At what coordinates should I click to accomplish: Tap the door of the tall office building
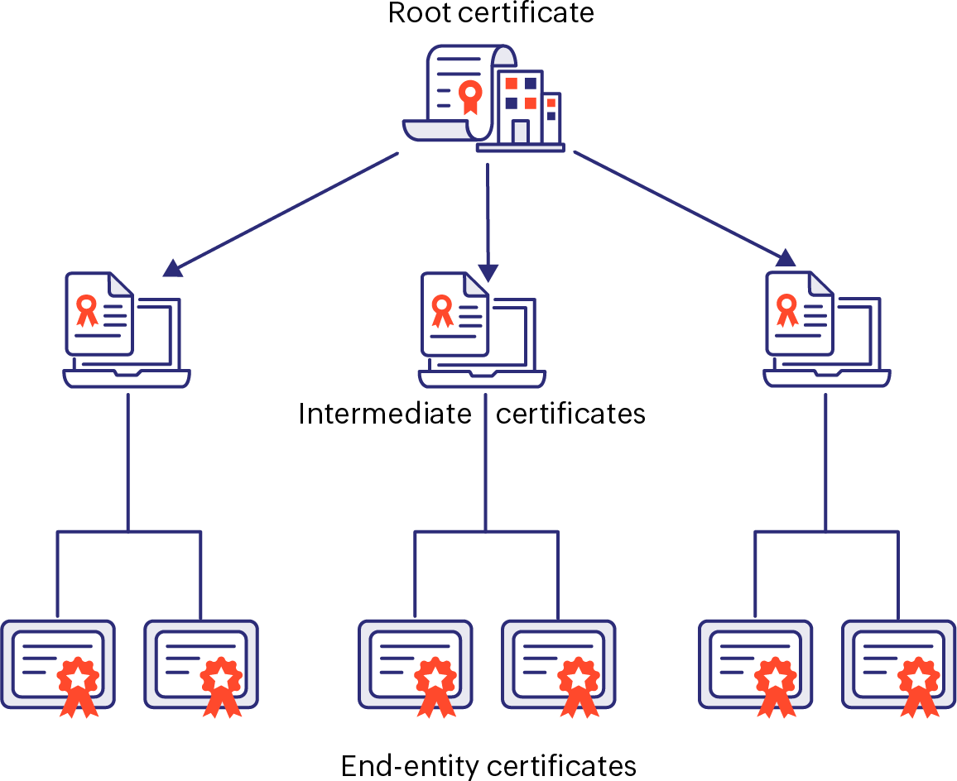520,132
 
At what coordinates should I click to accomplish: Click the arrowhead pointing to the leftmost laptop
172,267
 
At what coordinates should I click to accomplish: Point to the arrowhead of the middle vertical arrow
488,272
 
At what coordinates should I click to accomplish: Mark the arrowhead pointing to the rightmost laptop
786,258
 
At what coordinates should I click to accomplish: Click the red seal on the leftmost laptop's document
86,308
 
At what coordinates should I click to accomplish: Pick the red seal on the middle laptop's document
442,309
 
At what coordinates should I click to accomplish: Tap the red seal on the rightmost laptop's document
786,308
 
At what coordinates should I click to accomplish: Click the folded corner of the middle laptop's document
475,284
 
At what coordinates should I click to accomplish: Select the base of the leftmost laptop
127,379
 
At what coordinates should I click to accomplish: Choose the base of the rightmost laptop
826,379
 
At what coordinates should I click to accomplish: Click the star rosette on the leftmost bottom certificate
78,678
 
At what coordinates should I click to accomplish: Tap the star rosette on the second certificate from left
221,678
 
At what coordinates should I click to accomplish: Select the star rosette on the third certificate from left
435,678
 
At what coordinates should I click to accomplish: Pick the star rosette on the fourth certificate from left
579,678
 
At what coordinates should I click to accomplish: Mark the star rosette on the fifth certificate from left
776,678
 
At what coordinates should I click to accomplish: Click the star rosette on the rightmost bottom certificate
919,678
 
